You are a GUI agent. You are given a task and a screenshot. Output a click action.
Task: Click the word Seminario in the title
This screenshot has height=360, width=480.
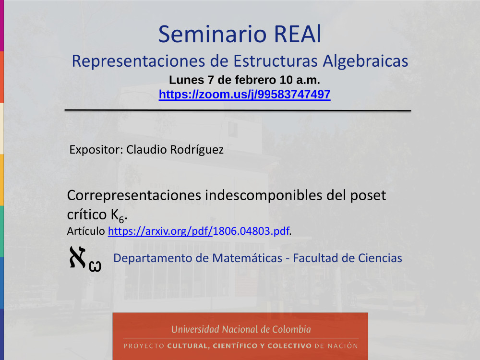coord(213,34)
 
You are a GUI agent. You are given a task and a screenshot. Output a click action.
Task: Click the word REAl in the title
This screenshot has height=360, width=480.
coord(298,34)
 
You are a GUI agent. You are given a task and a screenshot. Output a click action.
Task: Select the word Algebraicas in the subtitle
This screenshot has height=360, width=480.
coord(365,61)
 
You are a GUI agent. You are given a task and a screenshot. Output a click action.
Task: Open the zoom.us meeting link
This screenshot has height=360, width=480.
coord(245,94)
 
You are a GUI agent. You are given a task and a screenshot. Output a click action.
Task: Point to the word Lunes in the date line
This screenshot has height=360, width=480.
coord(186,80)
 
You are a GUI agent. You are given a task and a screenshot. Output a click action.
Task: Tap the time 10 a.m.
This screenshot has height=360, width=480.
coord(300,80)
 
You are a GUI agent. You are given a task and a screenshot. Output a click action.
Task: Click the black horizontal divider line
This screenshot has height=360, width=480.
coord(238,110)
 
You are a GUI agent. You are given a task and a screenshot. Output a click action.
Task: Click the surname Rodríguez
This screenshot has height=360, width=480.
coord(197,150)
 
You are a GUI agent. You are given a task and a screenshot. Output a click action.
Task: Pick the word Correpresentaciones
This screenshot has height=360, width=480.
coord(134,195)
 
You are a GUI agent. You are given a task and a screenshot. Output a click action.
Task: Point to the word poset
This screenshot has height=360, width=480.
coord(368,195)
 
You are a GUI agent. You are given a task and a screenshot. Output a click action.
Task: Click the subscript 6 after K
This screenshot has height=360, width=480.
coord(121,219)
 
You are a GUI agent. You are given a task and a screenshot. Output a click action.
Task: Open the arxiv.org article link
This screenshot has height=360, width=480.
coord(199,231)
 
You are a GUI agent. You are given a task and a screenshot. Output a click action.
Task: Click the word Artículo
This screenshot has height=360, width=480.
coord(86,231)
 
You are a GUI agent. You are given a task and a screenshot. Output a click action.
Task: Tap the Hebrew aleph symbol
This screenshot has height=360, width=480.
coord(78,257)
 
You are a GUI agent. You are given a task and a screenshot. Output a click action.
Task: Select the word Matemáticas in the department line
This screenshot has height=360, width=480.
coord(247,258)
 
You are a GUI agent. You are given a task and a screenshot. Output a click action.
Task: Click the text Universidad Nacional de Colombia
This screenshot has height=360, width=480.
coord(241,329)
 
